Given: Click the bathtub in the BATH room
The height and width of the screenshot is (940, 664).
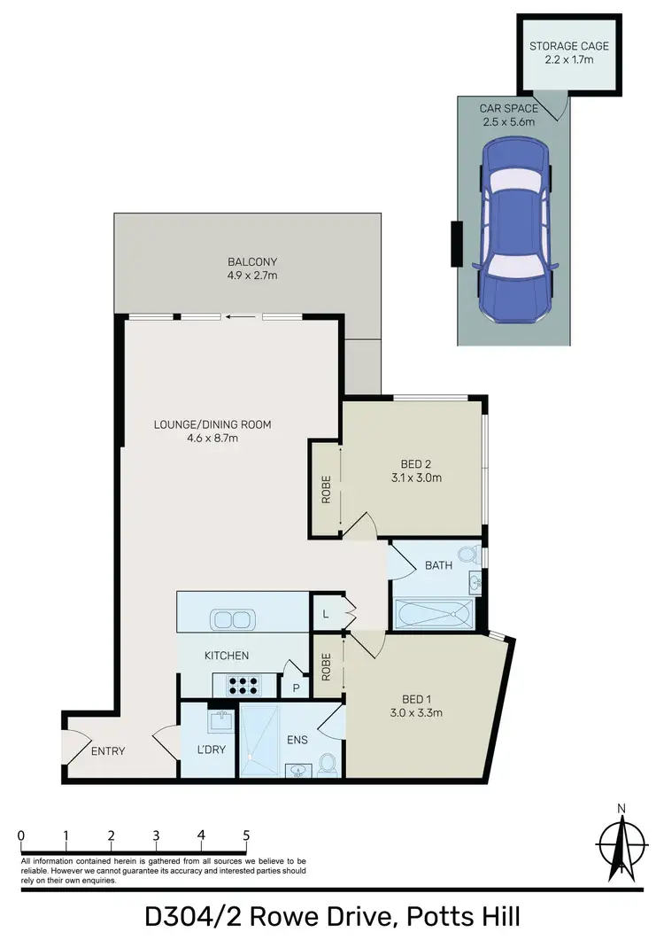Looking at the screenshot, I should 435,613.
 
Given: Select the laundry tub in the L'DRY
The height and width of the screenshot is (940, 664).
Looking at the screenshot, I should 219,722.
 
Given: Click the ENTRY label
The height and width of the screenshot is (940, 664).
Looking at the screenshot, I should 108,751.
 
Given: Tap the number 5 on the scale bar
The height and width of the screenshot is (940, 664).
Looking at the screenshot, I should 246,835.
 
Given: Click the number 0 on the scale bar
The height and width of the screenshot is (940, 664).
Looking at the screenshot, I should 20,835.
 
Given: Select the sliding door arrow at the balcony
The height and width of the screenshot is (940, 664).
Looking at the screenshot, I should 237,316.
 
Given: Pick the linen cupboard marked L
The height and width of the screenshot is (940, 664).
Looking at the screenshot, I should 325,612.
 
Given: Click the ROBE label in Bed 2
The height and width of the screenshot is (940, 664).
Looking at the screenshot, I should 326,490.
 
